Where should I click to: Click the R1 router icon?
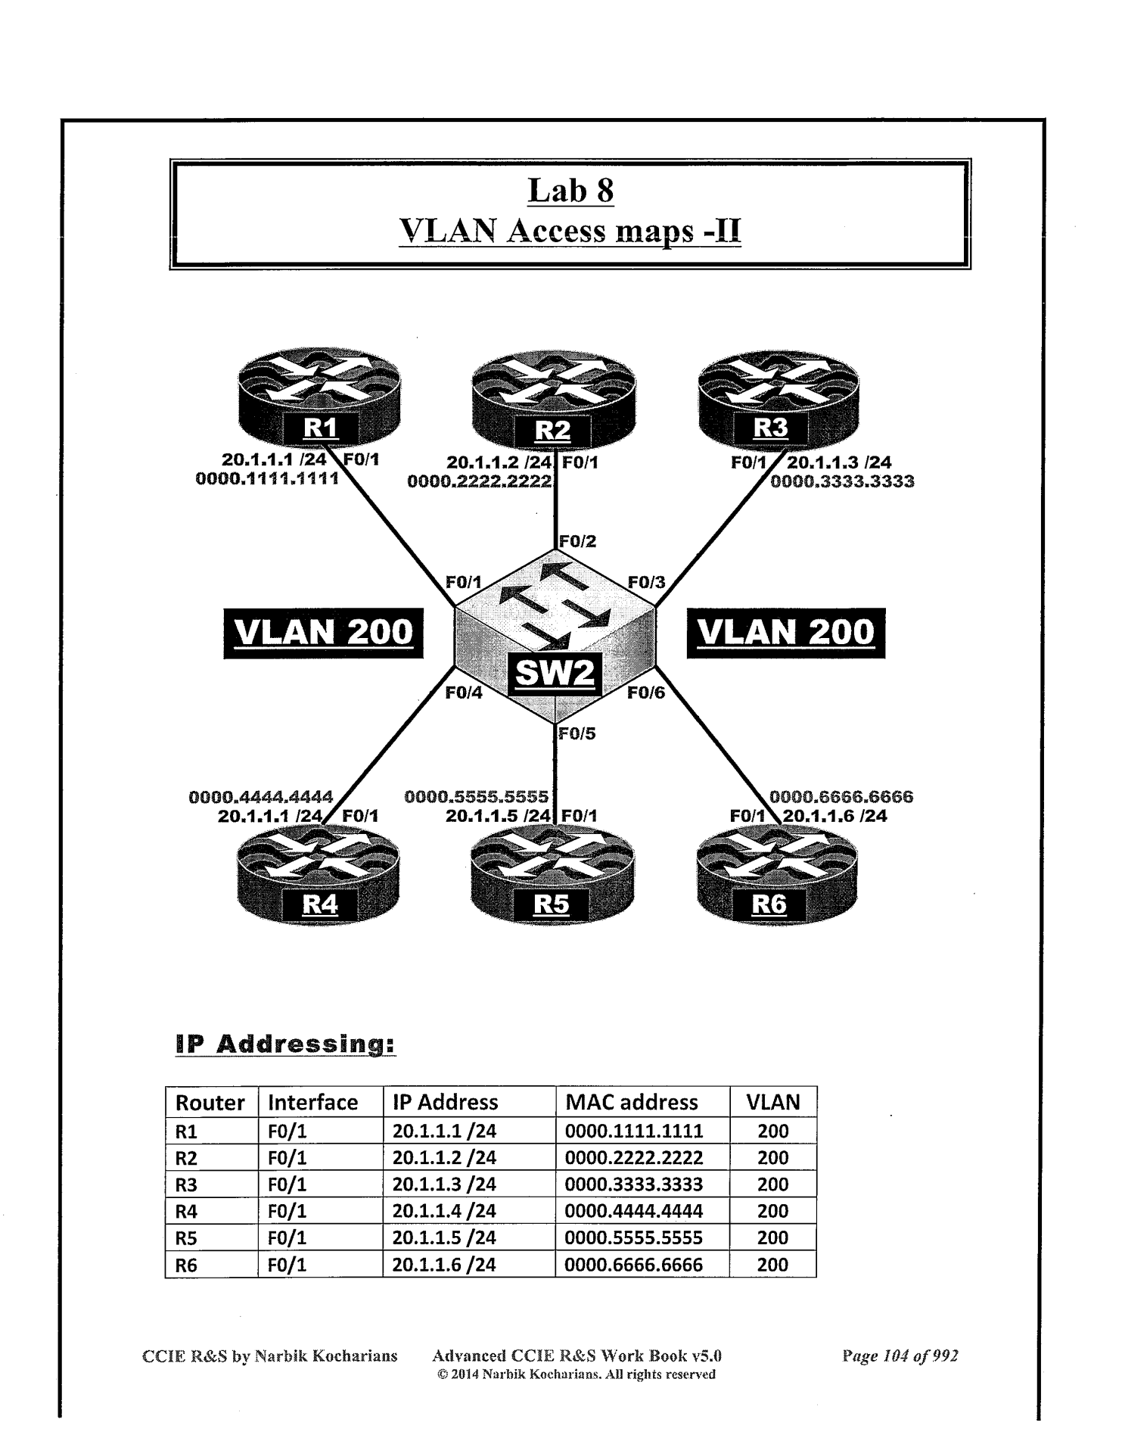319,400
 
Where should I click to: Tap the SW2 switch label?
555,671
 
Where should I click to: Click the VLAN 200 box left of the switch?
324,632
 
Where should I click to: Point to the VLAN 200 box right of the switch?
786,632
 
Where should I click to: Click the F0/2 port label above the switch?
577,541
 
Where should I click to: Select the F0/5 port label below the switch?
577,733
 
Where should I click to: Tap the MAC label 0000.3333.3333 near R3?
842,481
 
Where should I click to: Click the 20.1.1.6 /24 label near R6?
835,816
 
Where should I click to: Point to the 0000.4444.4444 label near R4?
261,797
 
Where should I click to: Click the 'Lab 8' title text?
570,190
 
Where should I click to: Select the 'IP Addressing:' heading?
285,1045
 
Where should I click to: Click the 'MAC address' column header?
631,1102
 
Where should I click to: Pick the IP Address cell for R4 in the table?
444,1211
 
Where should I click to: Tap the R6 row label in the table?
187,1265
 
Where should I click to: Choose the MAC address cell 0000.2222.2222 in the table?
634,1158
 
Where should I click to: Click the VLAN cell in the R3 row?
772,1184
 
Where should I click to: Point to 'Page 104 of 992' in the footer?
900,1356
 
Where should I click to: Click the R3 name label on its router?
770,428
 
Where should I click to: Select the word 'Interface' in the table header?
313,1102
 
